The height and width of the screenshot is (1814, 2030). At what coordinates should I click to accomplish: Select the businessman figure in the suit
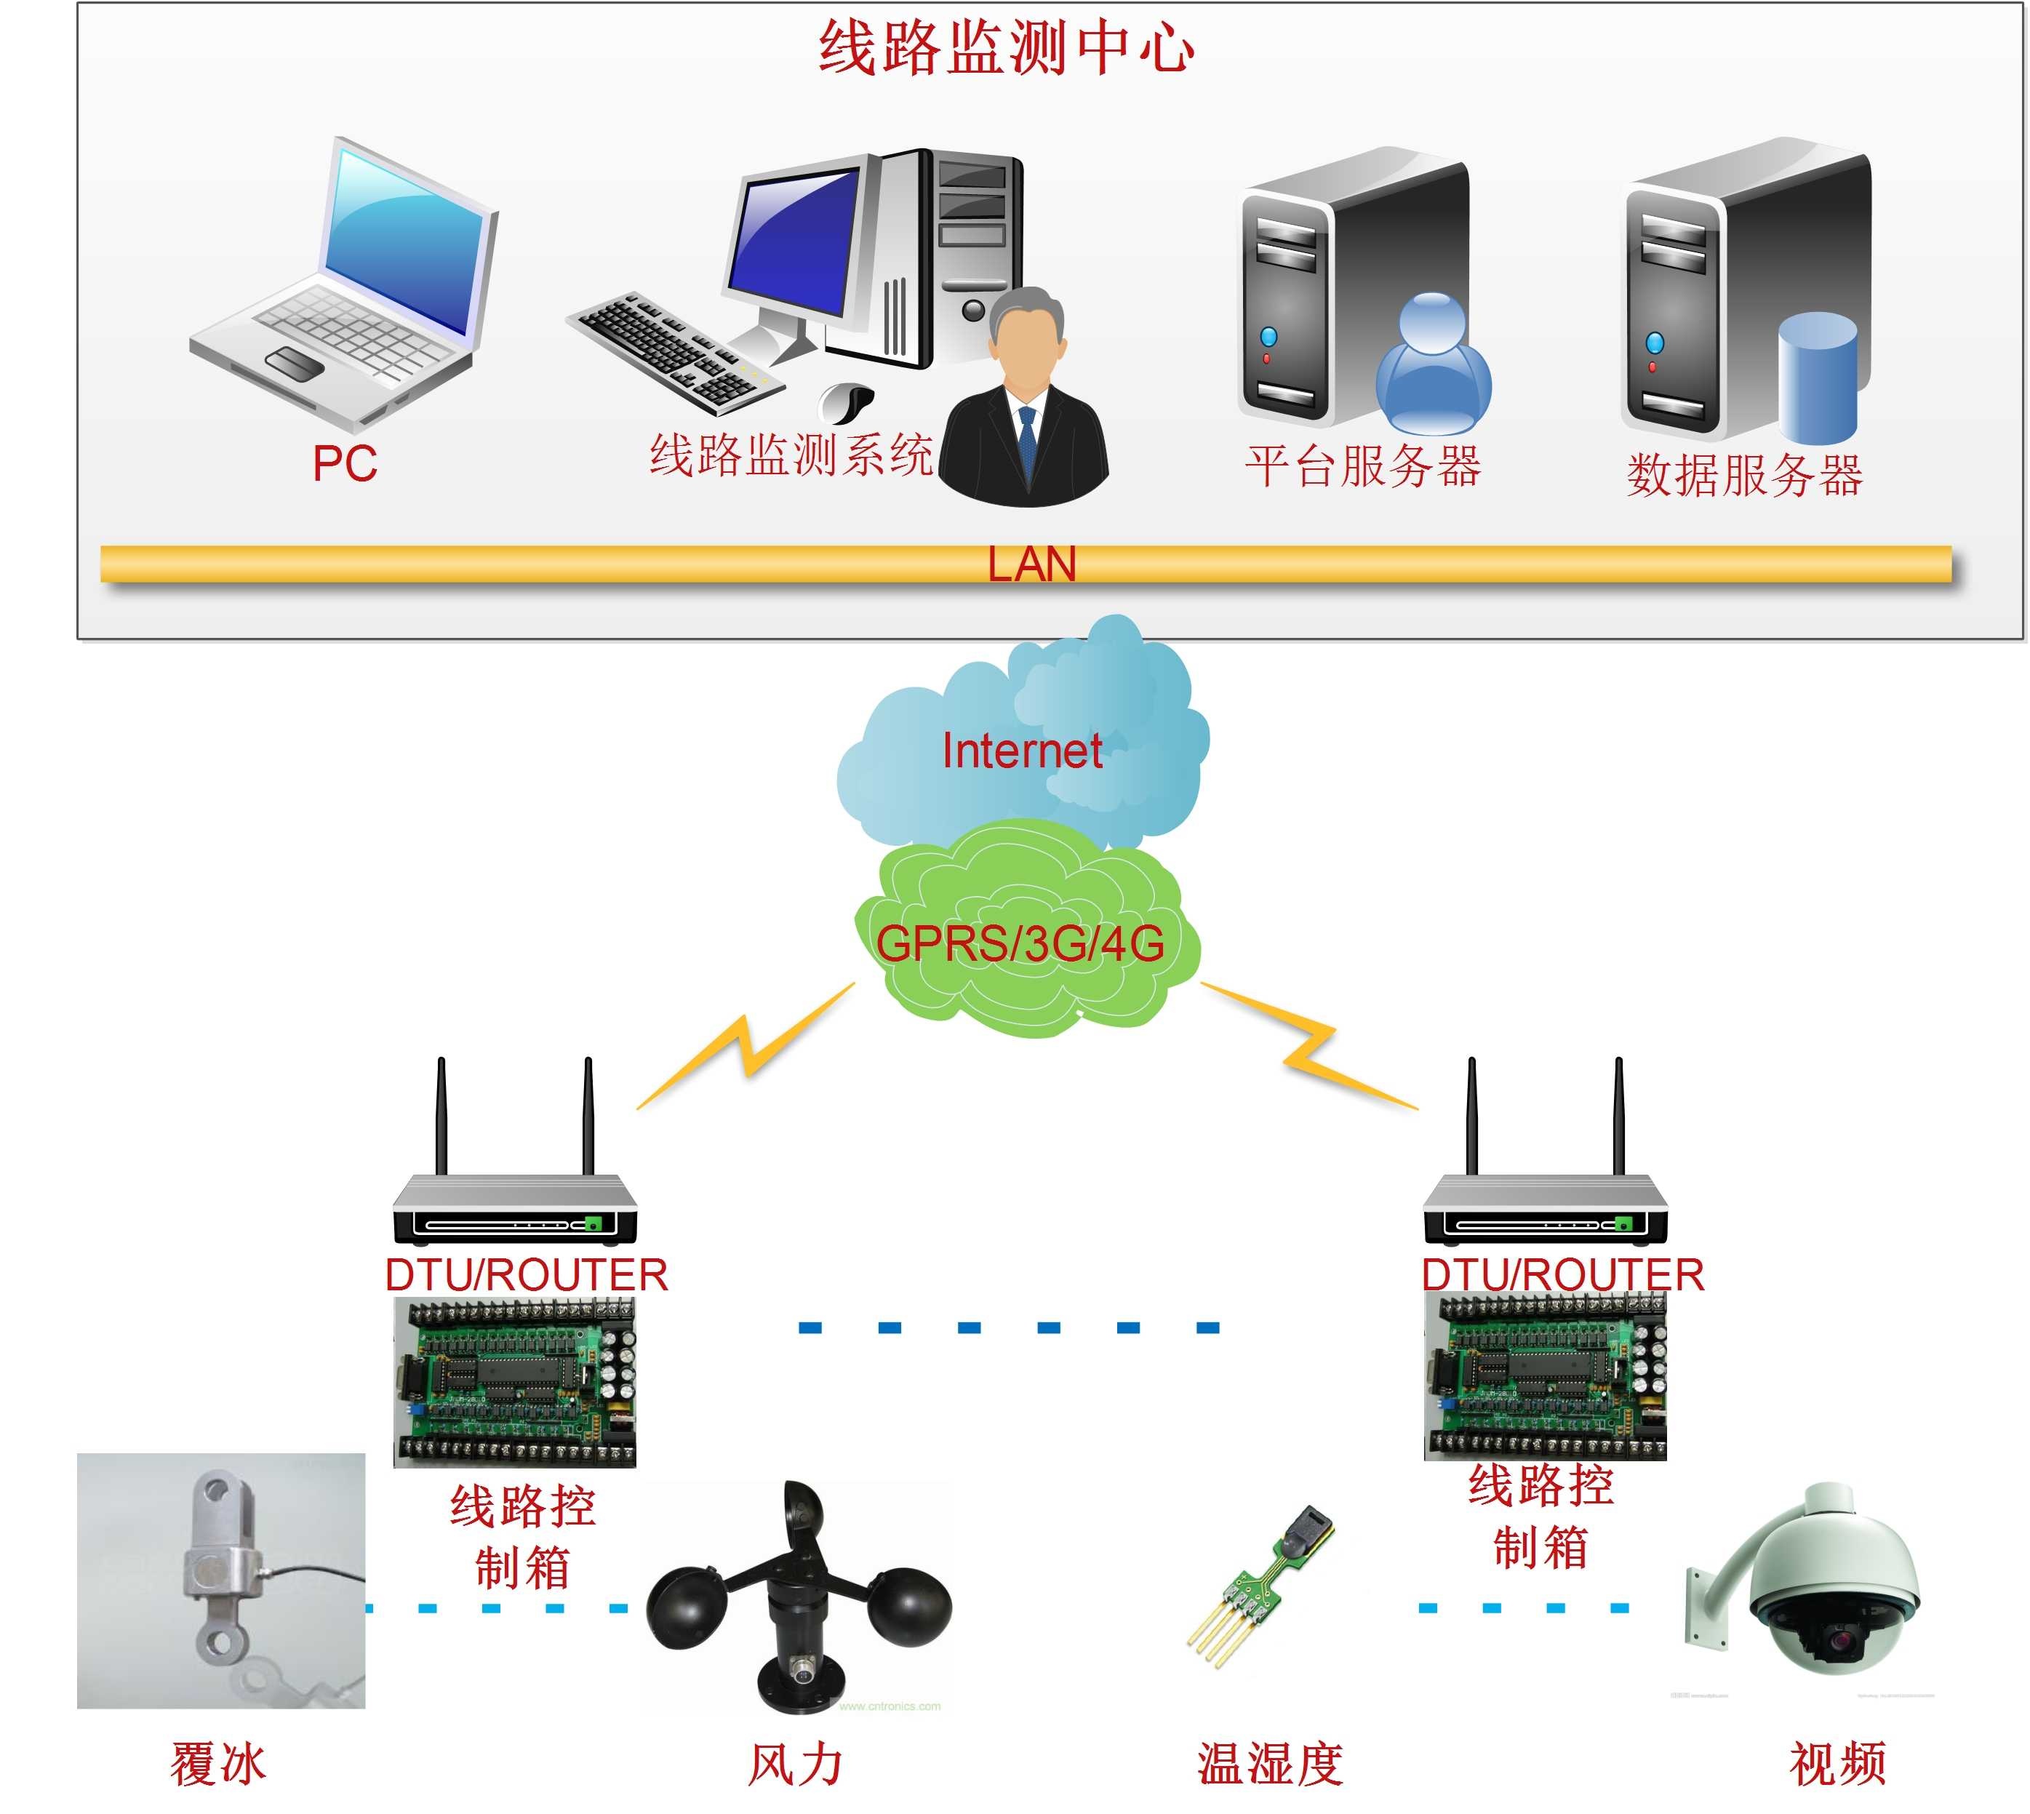tap(1025, 409)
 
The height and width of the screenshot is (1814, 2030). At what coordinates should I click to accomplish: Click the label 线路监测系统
tap(791, 455)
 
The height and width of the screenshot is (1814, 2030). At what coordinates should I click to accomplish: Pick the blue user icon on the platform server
tap(1433, 364)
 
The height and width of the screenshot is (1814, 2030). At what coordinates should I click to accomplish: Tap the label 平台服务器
tap(1362, 466)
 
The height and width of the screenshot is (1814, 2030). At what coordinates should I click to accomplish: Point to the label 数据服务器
tap(1744, 476)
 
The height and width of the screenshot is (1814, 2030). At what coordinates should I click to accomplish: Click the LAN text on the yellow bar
tap(1031, 564)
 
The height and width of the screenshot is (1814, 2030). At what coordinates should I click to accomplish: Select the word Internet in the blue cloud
tap(1021, 751)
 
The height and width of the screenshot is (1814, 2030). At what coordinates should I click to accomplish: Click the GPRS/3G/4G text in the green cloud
tap(1020, 943)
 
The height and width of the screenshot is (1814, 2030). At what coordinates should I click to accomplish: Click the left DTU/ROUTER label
tap(526, 1276)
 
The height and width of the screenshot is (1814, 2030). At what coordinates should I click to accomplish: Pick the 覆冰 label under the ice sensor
tap(218, 1764)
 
